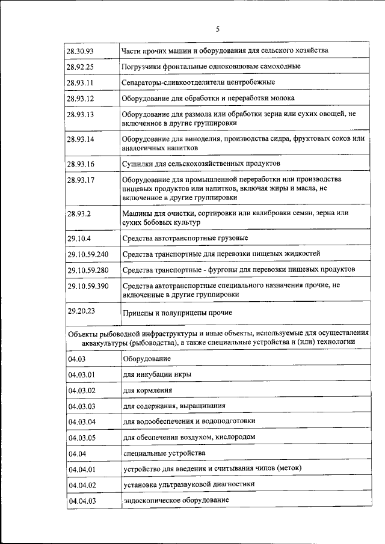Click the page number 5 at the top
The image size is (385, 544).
[218, 28]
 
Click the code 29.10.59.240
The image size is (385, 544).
[88, 254]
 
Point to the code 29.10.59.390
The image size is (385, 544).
[88, 286]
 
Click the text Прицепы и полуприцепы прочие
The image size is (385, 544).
[177, 313]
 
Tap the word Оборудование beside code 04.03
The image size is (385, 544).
[147, 359]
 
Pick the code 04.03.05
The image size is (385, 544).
[82, 437]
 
